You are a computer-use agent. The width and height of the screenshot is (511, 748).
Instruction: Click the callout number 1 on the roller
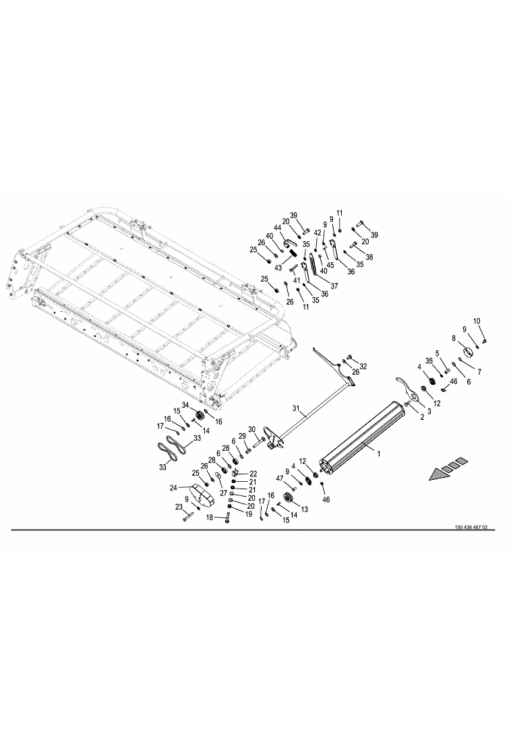click(379, 454)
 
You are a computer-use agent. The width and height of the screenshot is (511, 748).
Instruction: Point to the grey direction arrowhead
click(438, 474)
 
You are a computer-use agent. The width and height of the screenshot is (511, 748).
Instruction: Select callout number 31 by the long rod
click(296, 408)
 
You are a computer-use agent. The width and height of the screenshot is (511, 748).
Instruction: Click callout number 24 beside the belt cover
click(174, 487)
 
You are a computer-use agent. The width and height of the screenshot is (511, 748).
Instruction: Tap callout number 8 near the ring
click(454, 338)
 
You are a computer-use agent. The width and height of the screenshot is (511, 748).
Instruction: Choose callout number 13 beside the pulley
click(305, 509)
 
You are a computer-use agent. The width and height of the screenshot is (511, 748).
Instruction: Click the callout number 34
click(185, 405)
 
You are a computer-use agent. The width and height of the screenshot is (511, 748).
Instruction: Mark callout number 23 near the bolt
click(179, 507)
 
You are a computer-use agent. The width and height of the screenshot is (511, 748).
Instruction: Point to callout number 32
click(363, 367)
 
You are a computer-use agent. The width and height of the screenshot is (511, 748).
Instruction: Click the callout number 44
click(277, 228)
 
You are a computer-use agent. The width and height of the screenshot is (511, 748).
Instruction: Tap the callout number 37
click(334, 286)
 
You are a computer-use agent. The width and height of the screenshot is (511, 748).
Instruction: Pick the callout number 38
click(369, 257)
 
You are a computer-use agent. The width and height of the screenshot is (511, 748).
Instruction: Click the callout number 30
click(252, 429)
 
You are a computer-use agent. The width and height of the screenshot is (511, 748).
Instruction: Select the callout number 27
click(223, 493)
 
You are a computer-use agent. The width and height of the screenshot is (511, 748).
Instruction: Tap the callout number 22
click(253, 473)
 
